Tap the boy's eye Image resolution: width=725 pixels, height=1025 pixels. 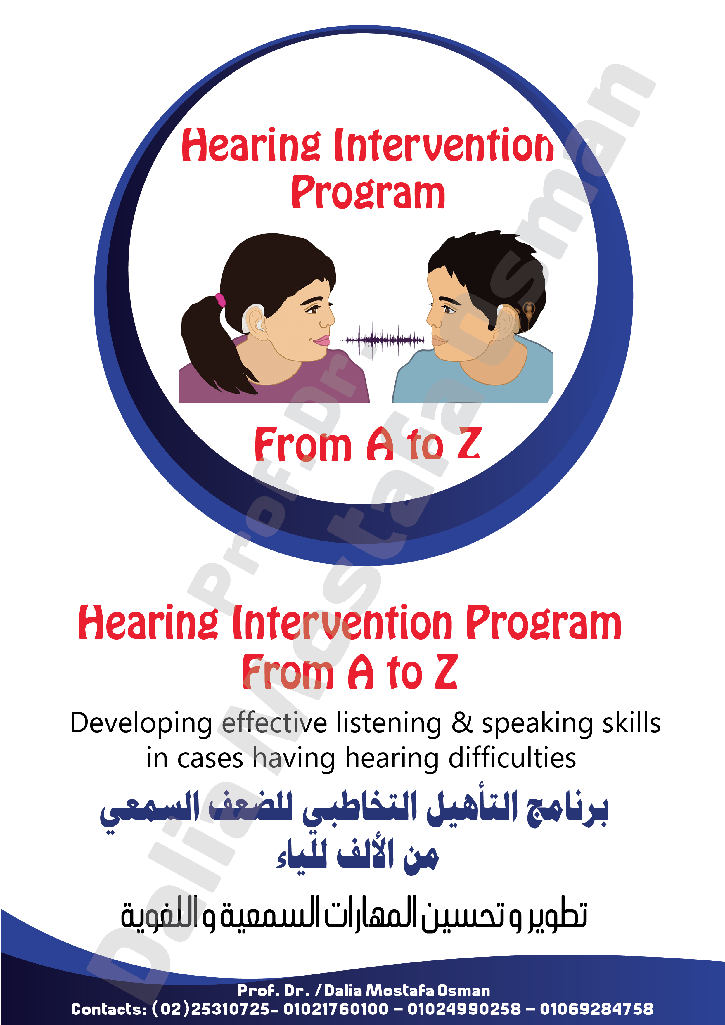click(447, 308)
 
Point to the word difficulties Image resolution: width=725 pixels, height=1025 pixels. click(512, 759)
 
